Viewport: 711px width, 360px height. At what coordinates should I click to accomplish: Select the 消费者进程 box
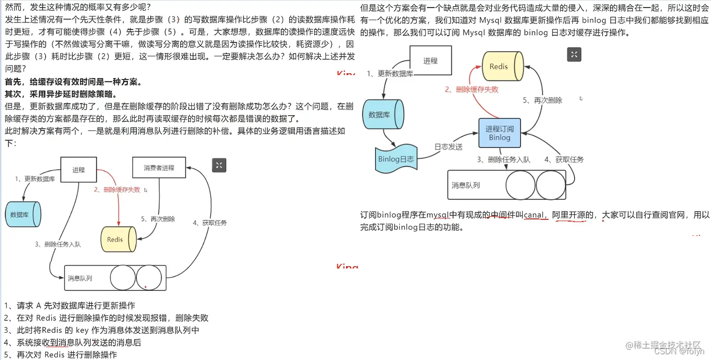pos(159,168)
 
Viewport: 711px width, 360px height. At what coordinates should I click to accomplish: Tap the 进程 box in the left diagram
pos(79,170)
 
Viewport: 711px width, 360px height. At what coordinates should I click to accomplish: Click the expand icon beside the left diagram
pos(220,164)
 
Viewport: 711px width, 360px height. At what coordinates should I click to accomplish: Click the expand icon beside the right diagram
pos(574,55)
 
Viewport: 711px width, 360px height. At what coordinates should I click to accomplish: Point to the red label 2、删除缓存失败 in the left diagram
pos(117,189)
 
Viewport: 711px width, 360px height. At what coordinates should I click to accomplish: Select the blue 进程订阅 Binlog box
pos(499,133)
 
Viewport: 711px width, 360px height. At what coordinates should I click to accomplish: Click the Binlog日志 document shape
pos(396,159)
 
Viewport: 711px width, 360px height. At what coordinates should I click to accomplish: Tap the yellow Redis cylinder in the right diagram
pos(503,66)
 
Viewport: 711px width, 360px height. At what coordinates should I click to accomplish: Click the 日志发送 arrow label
pos(448,147)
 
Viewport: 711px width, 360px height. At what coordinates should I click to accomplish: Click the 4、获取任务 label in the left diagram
pos(210,223)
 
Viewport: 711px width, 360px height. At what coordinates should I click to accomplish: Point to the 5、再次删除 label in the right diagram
pos(543,100)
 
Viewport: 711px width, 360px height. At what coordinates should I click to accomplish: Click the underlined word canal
pos(534,215)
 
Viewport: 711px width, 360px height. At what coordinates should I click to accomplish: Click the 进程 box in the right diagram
pos(430,61)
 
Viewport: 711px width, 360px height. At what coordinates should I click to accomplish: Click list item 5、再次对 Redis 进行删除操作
pos(60,355)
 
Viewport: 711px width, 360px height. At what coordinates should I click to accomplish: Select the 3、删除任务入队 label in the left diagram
pos(58,244)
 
